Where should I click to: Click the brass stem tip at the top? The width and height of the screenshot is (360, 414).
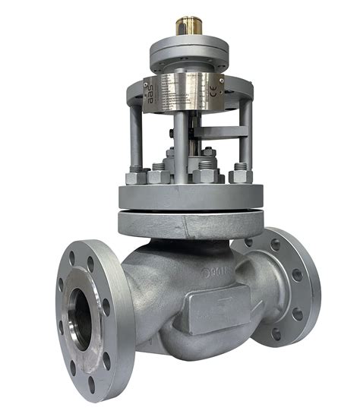186,27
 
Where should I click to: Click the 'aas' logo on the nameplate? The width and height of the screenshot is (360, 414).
151,93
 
